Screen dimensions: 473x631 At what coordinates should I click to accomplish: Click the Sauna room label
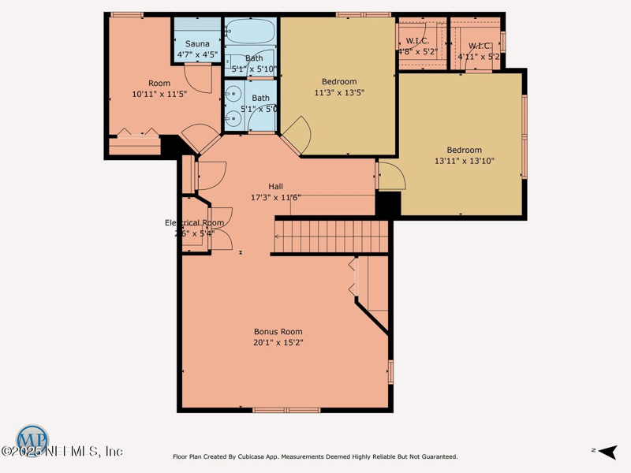pos(197,43)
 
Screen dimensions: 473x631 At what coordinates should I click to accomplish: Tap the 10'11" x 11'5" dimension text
pos(159,94)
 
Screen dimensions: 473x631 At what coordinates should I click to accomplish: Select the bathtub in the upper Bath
pos(249,35)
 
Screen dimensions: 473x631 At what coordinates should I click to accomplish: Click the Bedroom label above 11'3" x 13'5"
pos(339,81)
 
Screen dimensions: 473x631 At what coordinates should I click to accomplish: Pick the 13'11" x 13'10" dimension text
pos(464,161)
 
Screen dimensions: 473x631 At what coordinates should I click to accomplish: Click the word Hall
pos(275,186)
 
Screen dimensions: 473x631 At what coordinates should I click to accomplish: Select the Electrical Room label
pos(195,223)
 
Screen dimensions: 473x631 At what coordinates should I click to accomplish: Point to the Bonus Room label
pos(278,332)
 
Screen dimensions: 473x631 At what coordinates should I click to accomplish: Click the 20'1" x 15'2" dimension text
pos(278,343)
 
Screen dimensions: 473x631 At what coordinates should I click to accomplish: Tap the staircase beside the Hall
pos(331,235)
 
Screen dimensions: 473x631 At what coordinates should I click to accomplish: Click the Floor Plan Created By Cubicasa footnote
pos(315,456)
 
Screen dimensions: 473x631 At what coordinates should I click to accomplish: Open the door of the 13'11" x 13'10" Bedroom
pos(391,176)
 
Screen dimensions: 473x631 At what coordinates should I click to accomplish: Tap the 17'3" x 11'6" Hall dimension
pos(275,197)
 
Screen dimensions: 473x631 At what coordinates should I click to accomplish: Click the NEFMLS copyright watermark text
pos(63,452)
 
